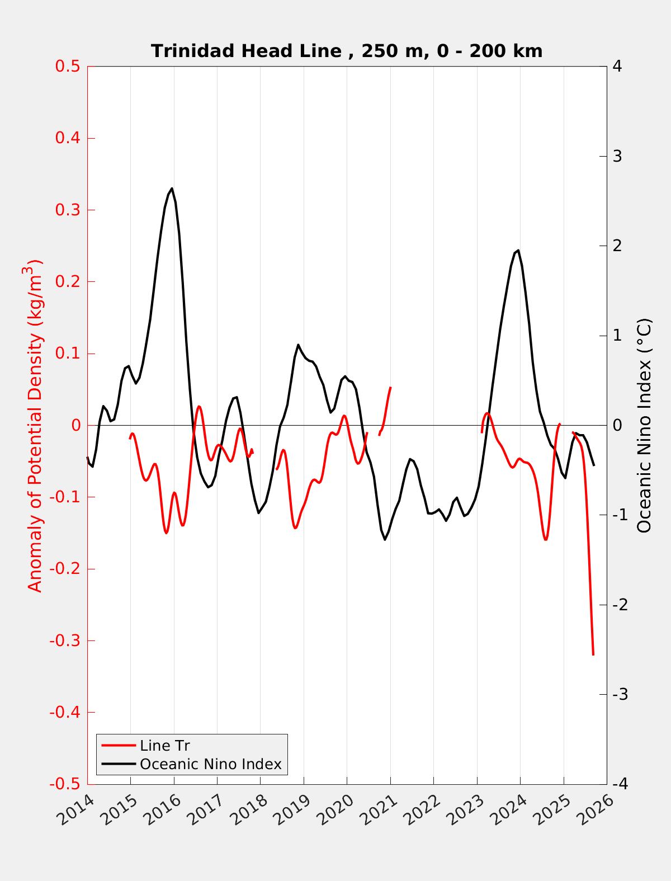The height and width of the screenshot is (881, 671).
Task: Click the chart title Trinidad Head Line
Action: pos(347,51)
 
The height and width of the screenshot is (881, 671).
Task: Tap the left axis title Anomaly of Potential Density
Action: pos(35,425)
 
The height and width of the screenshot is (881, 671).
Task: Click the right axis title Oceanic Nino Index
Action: pos(644,425)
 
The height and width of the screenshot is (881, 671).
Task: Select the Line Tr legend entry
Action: pos(164,746)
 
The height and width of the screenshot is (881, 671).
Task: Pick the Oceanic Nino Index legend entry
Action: pos(210,764)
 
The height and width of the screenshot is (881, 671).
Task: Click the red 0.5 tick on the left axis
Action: pos(68,66)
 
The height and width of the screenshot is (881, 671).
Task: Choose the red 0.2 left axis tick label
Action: pos(68,281)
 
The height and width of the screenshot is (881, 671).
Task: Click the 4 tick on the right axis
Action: pos(617,66)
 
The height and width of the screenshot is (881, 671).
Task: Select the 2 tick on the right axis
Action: pos(617,246)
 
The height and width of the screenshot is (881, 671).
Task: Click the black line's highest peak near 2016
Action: pos(172,189)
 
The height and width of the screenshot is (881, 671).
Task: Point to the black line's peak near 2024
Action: pos(518,250)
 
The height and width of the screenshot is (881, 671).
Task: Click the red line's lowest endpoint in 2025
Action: pos(593,654)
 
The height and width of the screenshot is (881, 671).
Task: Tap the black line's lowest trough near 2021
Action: pos(385,539)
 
